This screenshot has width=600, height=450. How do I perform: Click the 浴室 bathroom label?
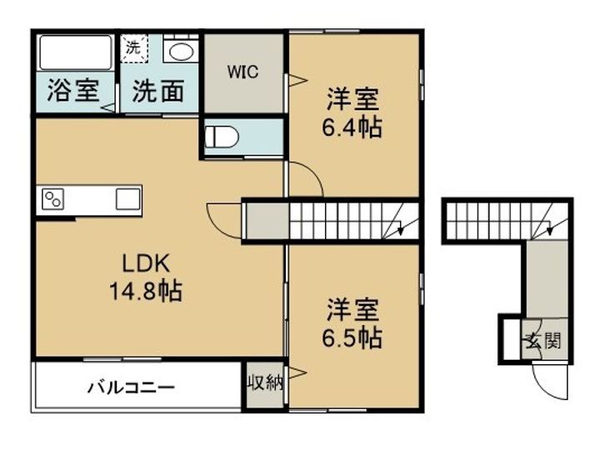point(73,90)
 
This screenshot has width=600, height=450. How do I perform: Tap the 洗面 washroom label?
point(158,90)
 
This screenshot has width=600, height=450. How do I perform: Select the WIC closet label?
point(244,72)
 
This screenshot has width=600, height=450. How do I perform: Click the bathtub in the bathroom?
point(76,52)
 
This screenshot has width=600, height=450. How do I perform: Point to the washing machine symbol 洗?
point(134,47)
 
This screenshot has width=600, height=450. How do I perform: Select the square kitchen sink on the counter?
point(128,200)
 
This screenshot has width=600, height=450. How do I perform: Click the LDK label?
point(147,264)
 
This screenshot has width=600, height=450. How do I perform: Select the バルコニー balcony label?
point(132,387)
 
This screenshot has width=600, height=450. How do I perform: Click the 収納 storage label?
point(265,382)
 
